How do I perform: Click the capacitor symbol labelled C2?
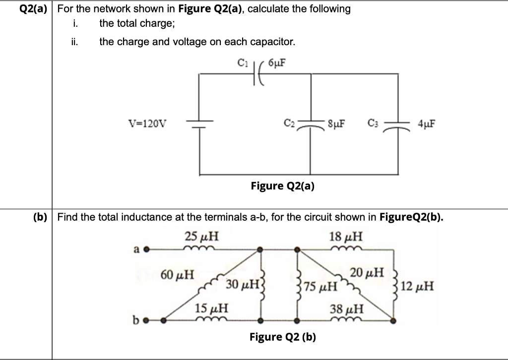[311, 124]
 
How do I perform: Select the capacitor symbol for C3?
[398, 124]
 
